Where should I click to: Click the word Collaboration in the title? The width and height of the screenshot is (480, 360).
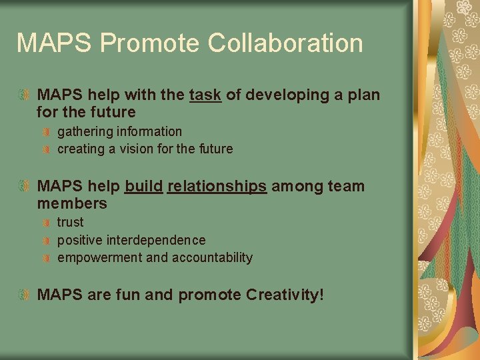(x=285, y=43)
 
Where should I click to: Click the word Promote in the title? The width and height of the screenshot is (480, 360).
(x=149, y=43)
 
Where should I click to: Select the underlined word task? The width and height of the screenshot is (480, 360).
(x=205, y=95)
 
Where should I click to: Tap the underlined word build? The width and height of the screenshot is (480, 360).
(x=143, y=187)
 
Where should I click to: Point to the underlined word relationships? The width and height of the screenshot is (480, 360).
(x=217, y=187)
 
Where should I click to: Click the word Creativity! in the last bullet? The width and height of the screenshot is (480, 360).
(x=285, y=294)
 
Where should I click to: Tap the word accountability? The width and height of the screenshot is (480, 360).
(x=212, y=258)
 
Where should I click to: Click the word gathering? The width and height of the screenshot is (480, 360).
(x=84, y=132)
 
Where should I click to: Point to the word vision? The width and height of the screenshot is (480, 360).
(x=137, y=149)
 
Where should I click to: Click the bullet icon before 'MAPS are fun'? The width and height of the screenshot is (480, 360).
(x=25, y=294)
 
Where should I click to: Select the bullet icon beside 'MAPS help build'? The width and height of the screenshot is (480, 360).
(x=25, y=187)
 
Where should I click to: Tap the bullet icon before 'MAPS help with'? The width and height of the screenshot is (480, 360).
(x=25, y=95)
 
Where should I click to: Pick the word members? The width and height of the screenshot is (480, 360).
(x=72, y=203)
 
